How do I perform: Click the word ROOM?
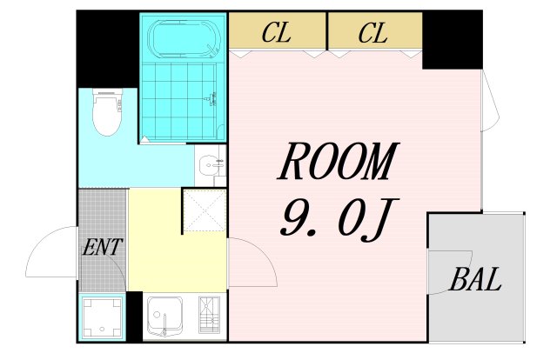pos(337,163)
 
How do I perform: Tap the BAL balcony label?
pos(476,280)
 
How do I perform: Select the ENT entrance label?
pos(102,248)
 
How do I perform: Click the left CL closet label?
pos(277,35)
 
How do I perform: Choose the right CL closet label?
pos(372,35)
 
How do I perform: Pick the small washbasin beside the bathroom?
pos(208,165)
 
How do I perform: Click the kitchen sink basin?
pos(164,317)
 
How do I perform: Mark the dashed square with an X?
pos(203,211)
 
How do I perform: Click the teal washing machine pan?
pos(102,317)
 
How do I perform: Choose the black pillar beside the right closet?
pos(452,40)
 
